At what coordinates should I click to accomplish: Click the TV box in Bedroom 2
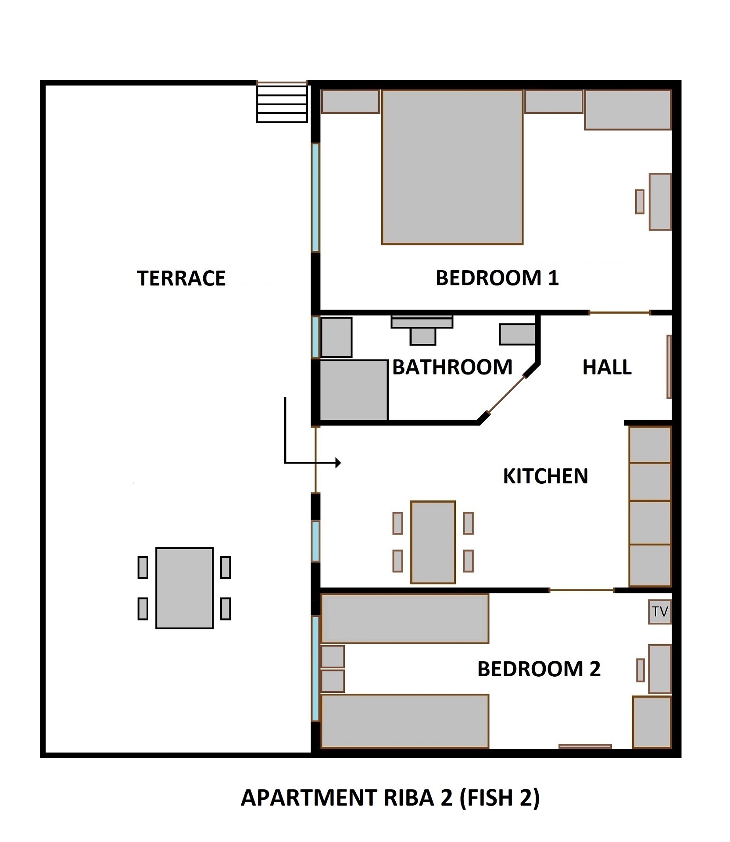(x=659, y=611)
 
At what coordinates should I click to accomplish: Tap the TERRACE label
(x=181, y=278)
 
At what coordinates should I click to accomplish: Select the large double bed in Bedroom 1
(x=452, y=167)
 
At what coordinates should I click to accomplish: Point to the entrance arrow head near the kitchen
(x=338, y=463)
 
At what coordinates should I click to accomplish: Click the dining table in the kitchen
(x=433, y=542)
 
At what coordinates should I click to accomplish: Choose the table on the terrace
(x=184, y=588)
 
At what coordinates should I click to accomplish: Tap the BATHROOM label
(x=452, y=367)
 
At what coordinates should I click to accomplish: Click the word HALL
(x=607, y=367)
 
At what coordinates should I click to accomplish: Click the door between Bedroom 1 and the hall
(x=619, y=313)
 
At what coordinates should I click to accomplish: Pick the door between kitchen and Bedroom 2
(x=581, y=591)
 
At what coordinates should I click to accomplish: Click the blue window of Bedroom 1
(x=315, y=197)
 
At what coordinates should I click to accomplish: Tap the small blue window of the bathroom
(x=315, y=337)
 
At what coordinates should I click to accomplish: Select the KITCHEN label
(x=545, y=476)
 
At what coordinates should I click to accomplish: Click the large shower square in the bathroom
(x=354, y=390)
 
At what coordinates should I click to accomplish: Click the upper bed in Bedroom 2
(x=404, y=619)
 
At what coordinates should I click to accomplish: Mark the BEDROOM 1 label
(x=497, y=278)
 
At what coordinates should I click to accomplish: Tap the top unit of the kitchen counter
(x=650, y=445)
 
